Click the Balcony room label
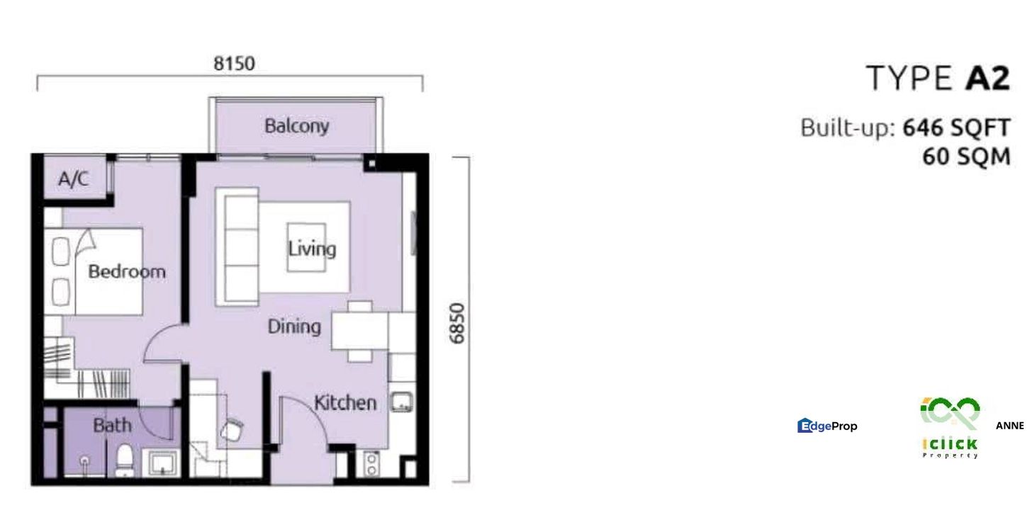click(x=296, y=126)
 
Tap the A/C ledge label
click(x=74, y=179)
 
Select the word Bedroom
click(x=126, y=271)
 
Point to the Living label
click(x=312, y=249)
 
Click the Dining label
click(x=293, y=327)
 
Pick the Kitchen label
click(x=345, y=403)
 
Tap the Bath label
click(x=112, y=425)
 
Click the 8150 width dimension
click(x=234, y=64)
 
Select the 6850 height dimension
click(x=458, y=324)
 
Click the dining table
click(x=359, y=331)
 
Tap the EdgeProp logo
click(x=827, y=426)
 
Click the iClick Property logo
click(x=950, y=428)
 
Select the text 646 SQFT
click(x=957, y=128)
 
